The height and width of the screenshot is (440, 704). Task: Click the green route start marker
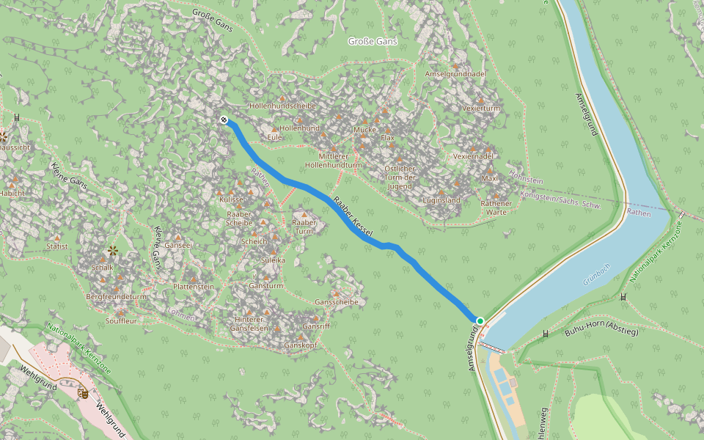pos(480,321)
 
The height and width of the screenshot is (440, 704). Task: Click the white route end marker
pos(224,120)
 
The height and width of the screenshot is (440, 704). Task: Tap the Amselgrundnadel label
pos(455,74)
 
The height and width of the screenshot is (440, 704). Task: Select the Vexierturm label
pos(481,108)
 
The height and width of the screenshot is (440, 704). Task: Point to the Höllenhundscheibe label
pos(282,106)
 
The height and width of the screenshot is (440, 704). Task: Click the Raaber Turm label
pos(304,227)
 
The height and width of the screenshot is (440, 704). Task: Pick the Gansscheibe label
pos(336,302)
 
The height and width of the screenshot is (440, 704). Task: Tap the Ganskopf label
pos(300,345)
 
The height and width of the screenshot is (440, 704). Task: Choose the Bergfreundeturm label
pos(116,297)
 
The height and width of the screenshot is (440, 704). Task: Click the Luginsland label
pos(441,200)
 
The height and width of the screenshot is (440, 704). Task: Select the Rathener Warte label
pos(496,208)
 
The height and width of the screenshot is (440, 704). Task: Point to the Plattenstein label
pos(193,286)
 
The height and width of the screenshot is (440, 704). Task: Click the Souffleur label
pos(122,320)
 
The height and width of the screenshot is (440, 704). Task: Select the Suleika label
pos(273,260)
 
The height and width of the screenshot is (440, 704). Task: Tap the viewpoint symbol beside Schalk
pos(113,251)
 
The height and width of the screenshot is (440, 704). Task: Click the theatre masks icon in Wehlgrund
pos(83,393)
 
